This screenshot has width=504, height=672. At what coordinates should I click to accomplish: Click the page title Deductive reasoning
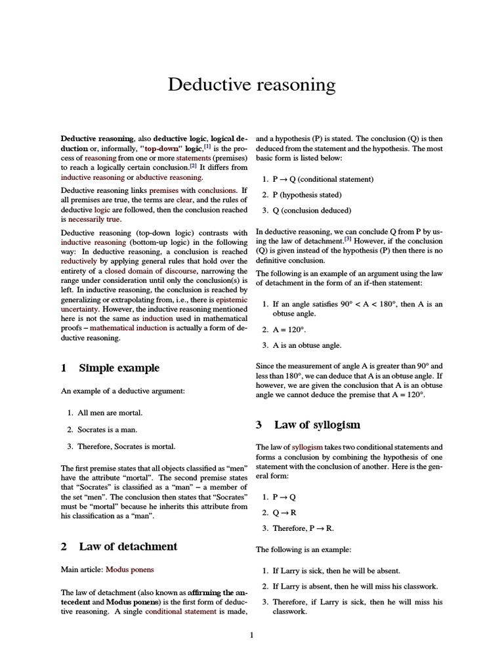(x=251, y=85)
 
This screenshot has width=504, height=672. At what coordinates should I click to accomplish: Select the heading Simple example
(x=119, y=367)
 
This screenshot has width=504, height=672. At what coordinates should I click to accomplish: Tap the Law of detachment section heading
(x=128, y=546)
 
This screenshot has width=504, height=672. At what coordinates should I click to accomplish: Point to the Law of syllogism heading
(x=317, y=425)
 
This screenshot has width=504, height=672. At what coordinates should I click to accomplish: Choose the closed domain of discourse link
(x=150, y=270)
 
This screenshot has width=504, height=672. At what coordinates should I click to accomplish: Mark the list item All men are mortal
(x=110, y=413)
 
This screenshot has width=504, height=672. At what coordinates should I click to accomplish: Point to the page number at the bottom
(x=251, y=635)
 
